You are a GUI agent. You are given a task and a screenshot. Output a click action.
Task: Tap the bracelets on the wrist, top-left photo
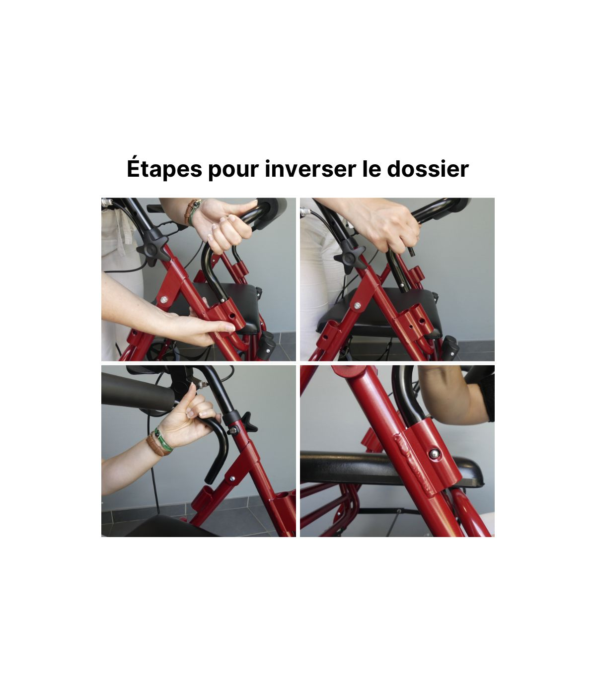pos(193,211)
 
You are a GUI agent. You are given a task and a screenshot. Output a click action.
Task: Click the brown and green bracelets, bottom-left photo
pos(159,442)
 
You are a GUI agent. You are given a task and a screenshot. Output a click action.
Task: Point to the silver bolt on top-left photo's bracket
pos(163,300)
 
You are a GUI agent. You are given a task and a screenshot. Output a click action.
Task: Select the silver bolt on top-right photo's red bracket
pos(357,305)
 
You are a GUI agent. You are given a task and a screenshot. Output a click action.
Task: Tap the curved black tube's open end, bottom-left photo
pos(211,480)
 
